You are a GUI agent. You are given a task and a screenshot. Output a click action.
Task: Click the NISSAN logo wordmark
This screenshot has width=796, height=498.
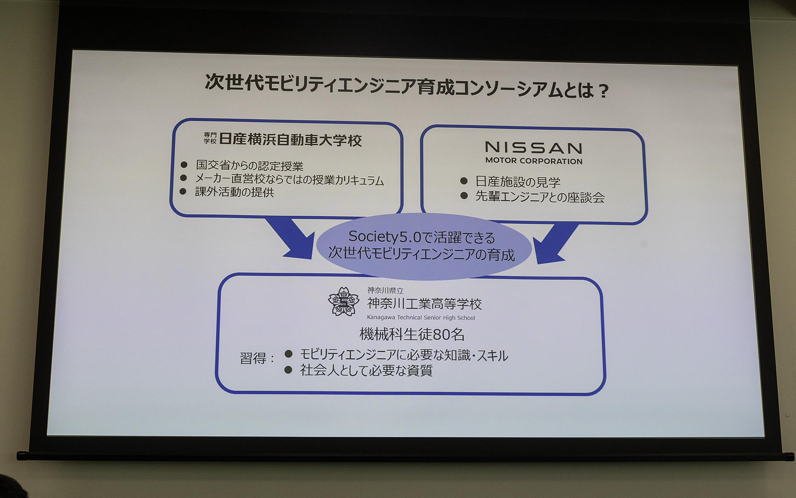pyautogui.click(x=534, y=148)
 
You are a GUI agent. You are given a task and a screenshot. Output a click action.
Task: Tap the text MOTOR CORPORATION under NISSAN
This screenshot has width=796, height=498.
pyautogui.click(x=534, y=161)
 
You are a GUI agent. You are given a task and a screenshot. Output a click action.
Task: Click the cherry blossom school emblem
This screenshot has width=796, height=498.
pyautogui.click(x=343, y=302)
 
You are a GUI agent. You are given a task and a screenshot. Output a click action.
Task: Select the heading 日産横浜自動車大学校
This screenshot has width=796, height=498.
pyautogui.click(x=290, y=140)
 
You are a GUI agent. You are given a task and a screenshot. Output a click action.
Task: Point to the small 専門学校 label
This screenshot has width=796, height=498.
pyautogui.click(x=210, y=138)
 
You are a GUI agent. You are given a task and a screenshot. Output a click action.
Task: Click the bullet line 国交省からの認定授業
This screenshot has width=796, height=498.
pyautogui.click(x=250, y=166)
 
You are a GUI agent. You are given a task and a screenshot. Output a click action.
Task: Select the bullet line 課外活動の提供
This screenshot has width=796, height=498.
pyautogui.click(x=235, y=192)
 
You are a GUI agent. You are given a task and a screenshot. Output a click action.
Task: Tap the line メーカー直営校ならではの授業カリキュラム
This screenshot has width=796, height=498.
pyautogui.click(x=289, y=180)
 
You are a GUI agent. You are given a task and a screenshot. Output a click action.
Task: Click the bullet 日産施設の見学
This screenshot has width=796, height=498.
pyautogui.click(x=518, y=182)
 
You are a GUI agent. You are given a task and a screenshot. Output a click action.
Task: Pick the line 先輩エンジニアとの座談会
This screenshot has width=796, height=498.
pyautogui.click(x=540, y=197)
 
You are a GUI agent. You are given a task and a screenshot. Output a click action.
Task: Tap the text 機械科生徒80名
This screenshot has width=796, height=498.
pyautogui.click(x=412, y=334)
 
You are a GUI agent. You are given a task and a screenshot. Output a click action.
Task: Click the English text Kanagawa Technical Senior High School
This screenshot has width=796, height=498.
pyautogui.click(x=421, y=317)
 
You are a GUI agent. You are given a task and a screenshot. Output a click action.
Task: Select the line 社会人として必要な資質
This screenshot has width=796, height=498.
pyautogui.click(x=366, y=370)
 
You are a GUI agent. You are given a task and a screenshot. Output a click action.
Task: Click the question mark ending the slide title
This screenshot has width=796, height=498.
pyautogui.click(x=604, y=91)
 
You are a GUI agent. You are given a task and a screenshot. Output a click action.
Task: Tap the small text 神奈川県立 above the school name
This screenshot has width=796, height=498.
pyautogui.click(x=385, y=290)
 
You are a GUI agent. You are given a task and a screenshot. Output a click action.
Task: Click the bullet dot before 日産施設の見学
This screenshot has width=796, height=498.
pyautogui.click(x=464, y=181)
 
